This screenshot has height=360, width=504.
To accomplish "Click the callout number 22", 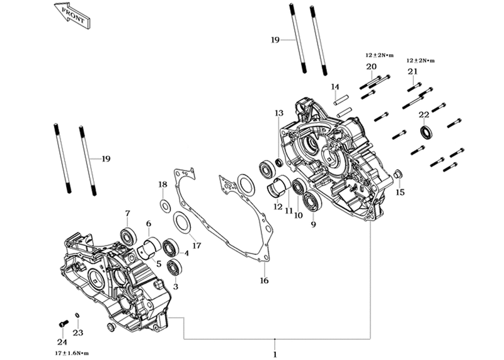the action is click(x=424, y=115).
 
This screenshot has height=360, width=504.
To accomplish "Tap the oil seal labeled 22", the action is click(x=427, y=133).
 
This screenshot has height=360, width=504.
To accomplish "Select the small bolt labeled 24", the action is click(x=64, y=323).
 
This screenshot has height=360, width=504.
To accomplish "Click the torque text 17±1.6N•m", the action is click(x=71, y=354).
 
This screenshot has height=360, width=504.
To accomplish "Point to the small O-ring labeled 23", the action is click(x=77, y=315).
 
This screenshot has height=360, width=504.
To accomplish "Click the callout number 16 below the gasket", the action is click(x=264, y=281).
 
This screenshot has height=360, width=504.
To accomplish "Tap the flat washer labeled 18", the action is click(x=165, y=206).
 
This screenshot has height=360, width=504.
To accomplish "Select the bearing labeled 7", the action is click(x=128, y=236).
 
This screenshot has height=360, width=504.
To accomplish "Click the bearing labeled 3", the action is click(x=175, y=267).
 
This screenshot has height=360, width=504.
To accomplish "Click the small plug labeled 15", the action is click(x=398, y=174).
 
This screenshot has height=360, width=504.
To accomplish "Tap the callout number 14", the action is click(x=335, y=87).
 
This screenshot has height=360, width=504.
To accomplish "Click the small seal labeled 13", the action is click(x=280, y=163).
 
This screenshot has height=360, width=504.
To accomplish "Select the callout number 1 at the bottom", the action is click(x=275, y=355).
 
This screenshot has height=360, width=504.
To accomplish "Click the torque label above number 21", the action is click(x=420, y=61).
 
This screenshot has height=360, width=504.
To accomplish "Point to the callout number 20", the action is click(x=371, y=67).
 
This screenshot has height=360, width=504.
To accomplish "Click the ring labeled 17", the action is click(x=182, y=222).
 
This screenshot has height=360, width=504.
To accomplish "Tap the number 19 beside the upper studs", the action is click(x=275, y=40).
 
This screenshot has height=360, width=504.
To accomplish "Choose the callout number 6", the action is click(x=148, y=224).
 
